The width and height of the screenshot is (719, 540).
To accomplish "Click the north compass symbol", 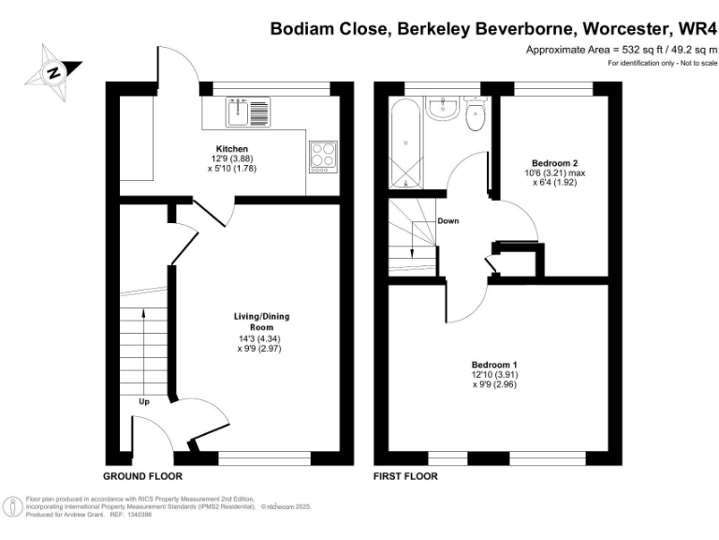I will [54, 70].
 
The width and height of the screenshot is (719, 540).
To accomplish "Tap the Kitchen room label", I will [231, 149].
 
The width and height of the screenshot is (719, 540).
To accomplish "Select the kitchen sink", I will [248, 112].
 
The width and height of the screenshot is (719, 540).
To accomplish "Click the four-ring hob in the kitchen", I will [323, 154].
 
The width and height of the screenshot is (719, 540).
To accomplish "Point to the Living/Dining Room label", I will [257, 322].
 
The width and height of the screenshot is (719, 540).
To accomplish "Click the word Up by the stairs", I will [143, 401].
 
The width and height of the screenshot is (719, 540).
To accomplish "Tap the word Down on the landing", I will [448, 221].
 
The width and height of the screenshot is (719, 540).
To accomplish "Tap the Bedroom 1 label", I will [493, 364].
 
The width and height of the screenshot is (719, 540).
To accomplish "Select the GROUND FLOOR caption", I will [141, 476].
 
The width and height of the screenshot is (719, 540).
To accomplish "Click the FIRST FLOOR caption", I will [405, 476].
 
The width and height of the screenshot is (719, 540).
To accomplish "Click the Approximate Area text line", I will [621, 50].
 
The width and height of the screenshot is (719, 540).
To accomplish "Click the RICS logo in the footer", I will [12, 506].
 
